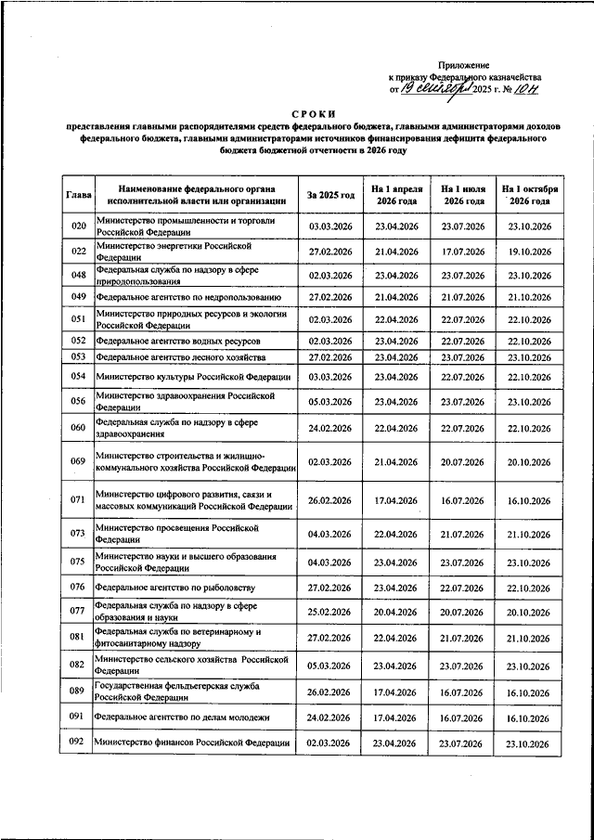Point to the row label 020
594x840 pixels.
tap(79, 226)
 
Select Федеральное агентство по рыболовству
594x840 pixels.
tap(174, 588)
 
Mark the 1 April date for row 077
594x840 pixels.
tap(397, 612)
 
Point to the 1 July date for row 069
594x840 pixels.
tap(464, 461)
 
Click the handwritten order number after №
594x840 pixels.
tap(528, 89)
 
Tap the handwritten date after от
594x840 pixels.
tap(435, 89)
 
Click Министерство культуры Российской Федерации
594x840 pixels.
tap(193, 377)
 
